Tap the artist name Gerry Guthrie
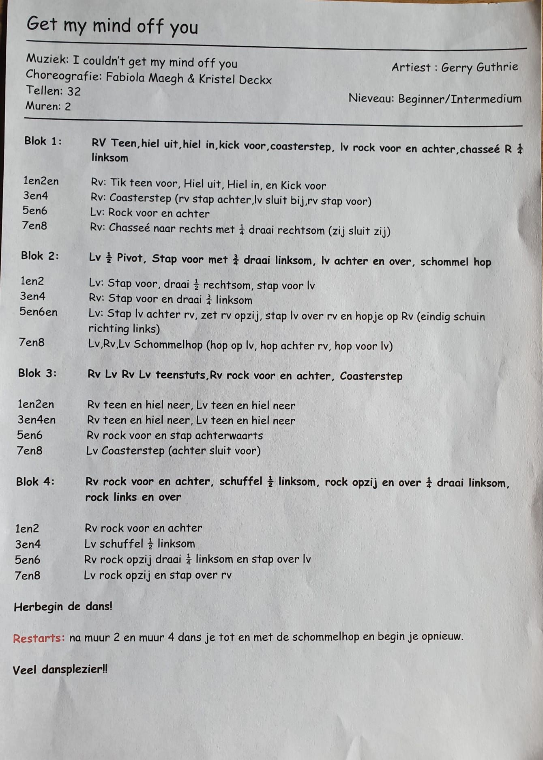pyautogui.click(x=479, y=67)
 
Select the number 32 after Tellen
pyautogui.click(x=74, y=91)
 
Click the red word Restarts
pyautogui.click(x=39, y=638)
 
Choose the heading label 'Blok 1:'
pyautogui.click(x=43, y=141)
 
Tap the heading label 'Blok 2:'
pyautogui.click(x=40, y=256)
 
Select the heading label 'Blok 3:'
pyautogui.click(x=37, y=373)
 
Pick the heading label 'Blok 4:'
pyautogui.click(x=35, y=482)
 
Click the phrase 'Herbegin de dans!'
pyautogui.click(x=63, y=607)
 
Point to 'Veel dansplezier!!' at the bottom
pyautogui.click(x=60, y=670)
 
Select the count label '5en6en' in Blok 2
pyautogui.click(x=39, y=312)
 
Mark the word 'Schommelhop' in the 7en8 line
pyautogui.click(x=168, y=344)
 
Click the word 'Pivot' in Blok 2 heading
pyautogui.click(x=129, y=258)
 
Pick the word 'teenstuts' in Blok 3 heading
pyautogui.click(x=180, y=375)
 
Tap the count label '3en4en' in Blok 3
pyautogui.click(x=36, y=420)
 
